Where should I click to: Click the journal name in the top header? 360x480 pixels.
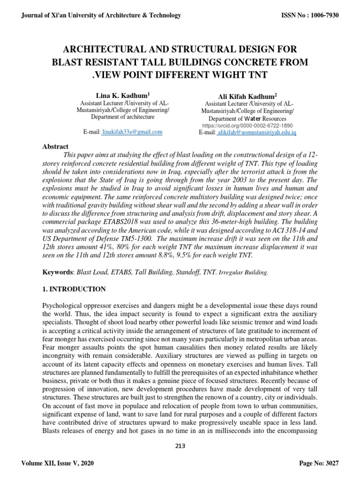(x=101, y=15)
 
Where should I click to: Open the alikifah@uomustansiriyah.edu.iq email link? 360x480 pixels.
(x=256, y=133)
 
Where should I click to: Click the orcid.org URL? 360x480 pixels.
(x=247, y=126)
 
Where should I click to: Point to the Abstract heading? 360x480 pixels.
(x=55, y=147)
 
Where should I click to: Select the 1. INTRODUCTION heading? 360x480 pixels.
(x=74, y=289)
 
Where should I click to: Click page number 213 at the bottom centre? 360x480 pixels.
(x=180, y=446)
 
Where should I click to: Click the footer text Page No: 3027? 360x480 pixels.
(x=319, y=463)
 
